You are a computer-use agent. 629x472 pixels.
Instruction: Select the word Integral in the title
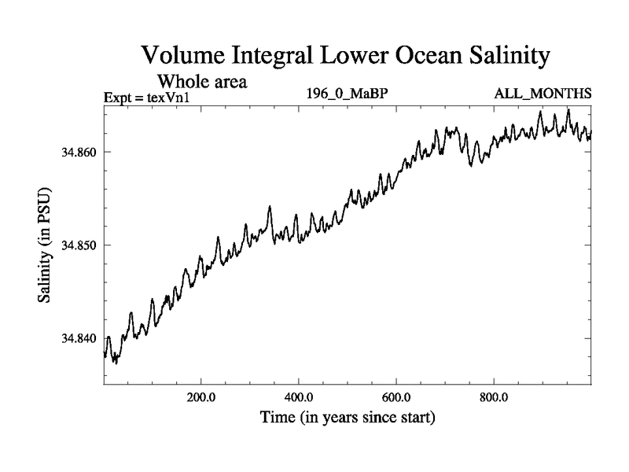(272, 57)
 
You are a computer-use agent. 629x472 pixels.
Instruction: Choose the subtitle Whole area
(204, 81)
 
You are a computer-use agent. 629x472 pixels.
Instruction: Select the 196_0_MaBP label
(348, 94)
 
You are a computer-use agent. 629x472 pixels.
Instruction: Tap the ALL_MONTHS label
(543, 94)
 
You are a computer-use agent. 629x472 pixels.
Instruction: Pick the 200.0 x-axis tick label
(201, 396)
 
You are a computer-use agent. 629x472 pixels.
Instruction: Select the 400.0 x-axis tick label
(300, 396)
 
